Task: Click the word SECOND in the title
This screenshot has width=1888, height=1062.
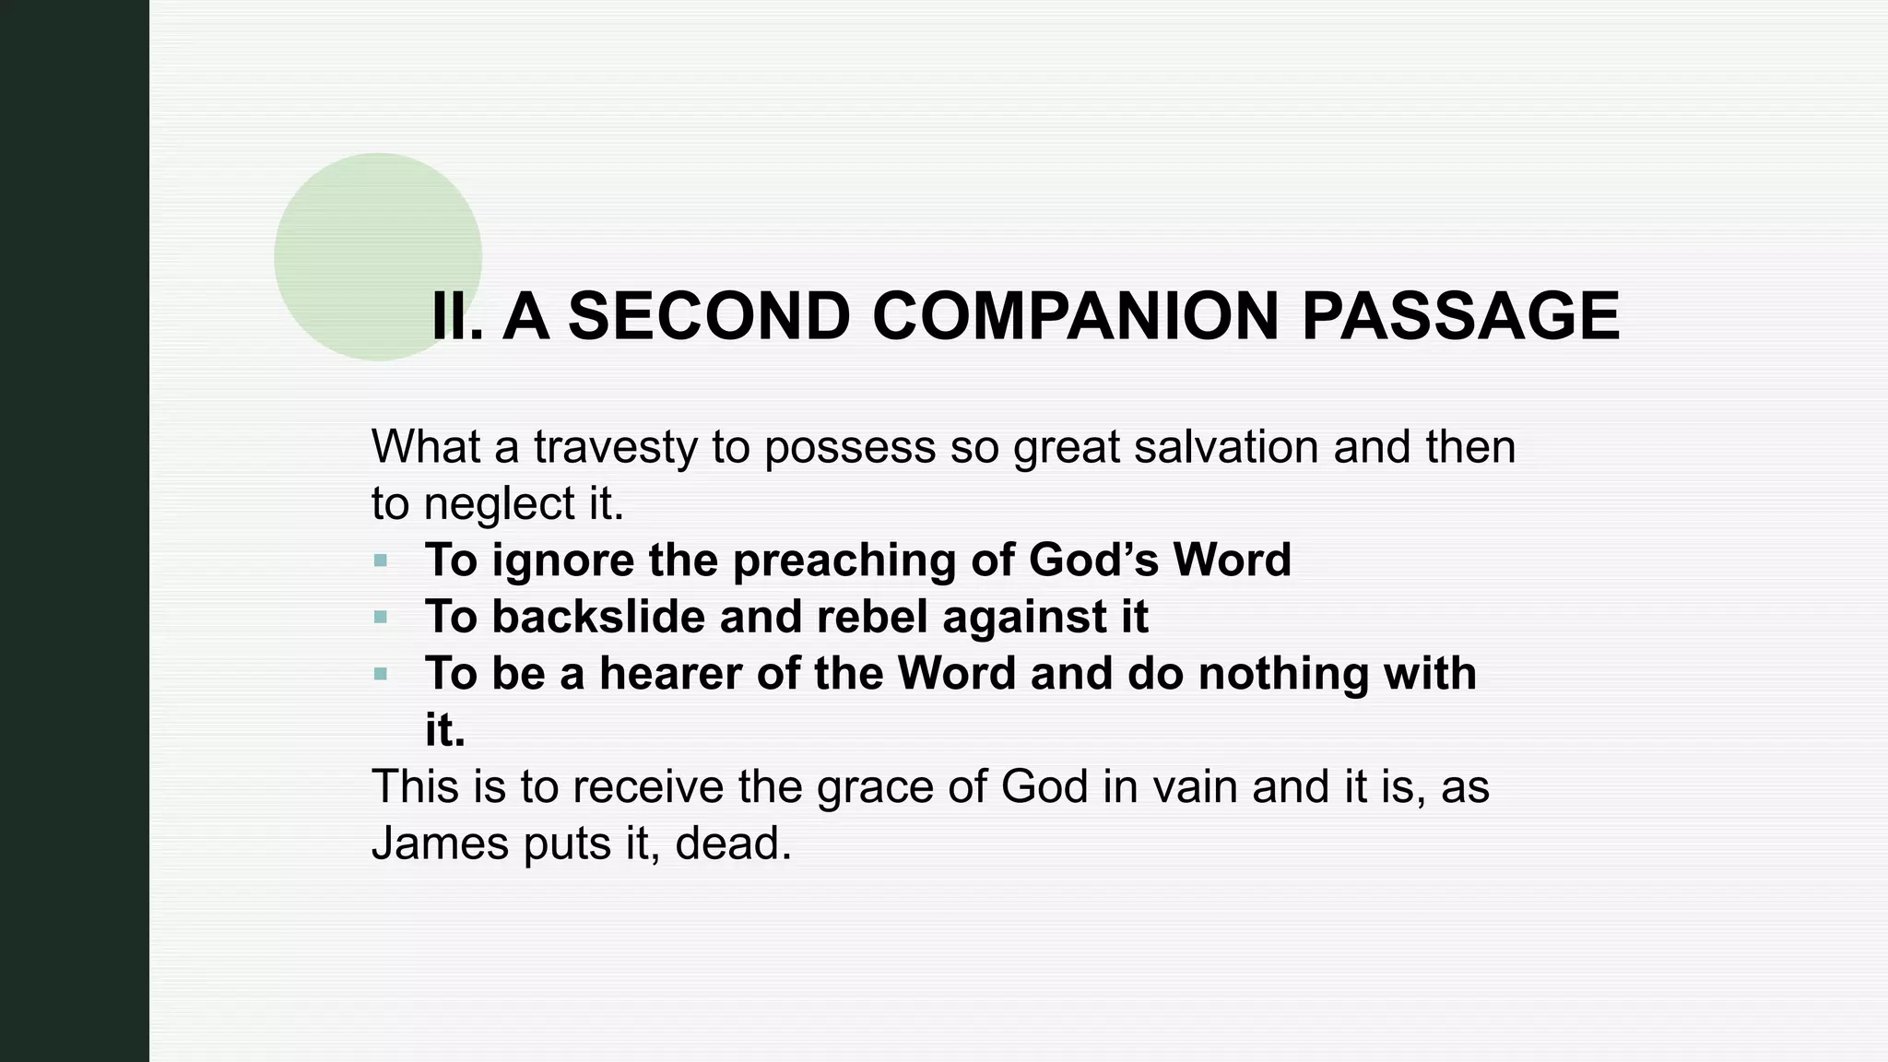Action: pos(708,316)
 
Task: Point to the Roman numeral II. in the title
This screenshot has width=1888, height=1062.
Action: pos(457,316)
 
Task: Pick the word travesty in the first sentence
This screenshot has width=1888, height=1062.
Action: pos(615,447)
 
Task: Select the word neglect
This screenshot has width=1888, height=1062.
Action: pos(499,504)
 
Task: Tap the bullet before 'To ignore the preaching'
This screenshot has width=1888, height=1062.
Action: pos(381,560)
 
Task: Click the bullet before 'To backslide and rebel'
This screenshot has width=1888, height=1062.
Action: pos(381,617)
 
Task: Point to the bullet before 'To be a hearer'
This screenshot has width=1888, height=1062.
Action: pos(381,674)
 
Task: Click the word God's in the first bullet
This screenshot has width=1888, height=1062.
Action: pos(1092,560)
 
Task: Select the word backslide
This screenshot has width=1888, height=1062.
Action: pos(598,617)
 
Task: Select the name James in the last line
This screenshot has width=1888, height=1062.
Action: pos(440,844)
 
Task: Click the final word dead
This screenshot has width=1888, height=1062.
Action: pos(733,844)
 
